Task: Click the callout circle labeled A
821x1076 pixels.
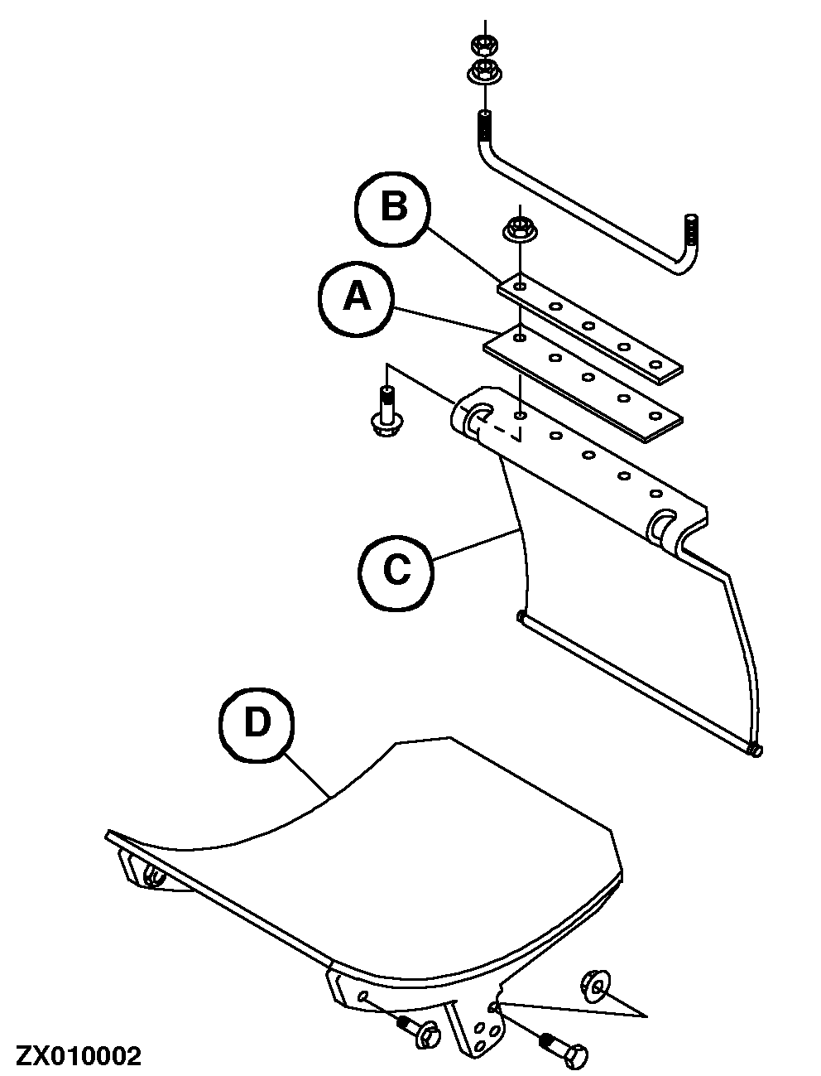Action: [x=358, y=297]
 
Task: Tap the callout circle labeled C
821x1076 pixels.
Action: [x=396, y=569]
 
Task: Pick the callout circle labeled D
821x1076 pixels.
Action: [x=257, y=725]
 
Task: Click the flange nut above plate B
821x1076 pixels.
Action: [x=518, y=228]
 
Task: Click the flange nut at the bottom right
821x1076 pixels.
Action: [x=595, y=983]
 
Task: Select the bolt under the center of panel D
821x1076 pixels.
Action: [x=420, y=1031]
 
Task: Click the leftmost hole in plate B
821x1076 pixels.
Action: [x=519, y=287]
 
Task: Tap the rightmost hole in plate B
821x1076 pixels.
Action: [x=656, y=364]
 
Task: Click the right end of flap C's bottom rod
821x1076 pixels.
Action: [x=753, y=750]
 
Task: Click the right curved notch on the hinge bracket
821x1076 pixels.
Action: [x=662, y=527]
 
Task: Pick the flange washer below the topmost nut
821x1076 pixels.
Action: [x=484, y=72]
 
